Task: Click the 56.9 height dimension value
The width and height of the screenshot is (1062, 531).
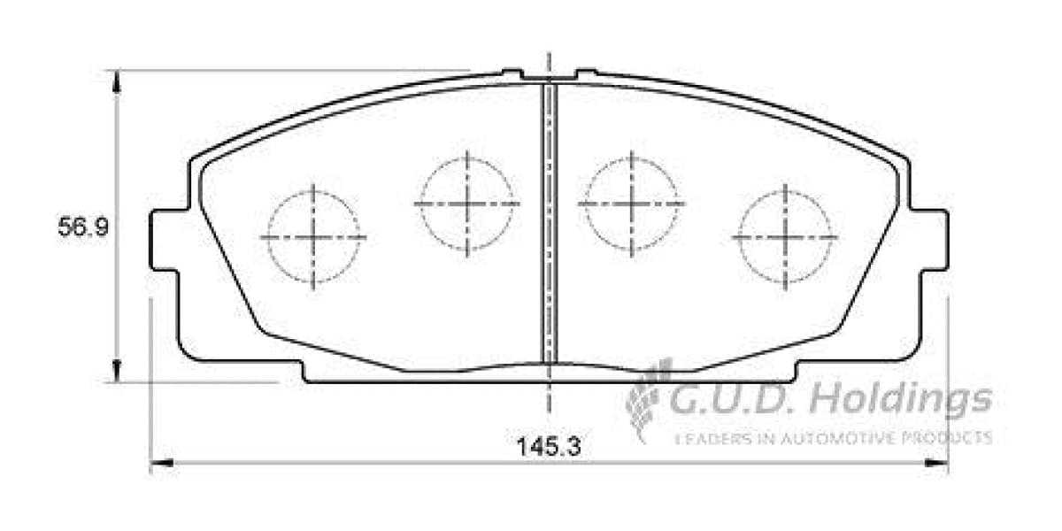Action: point(83,228)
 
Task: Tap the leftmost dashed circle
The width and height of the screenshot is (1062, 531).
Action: point(313,237)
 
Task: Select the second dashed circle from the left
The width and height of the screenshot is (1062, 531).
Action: point(466,203)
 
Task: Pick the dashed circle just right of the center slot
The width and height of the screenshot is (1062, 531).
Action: point(631,203)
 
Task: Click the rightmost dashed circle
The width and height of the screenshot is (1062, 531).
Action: point(785,237)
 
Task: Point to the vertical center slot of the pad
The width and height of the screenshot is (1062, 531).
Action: point(550,221)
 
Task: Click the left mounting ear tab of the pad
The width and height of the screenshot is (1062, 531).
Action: point(165,240)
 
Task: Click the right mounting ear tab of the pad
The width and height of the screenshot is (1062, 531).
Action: point(933,240)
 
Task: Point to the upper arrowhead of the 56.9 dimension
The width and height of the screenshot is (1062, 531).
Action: point(115,81)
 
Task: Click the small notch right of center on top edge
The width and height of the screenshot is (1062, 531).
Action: point(586,72)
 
